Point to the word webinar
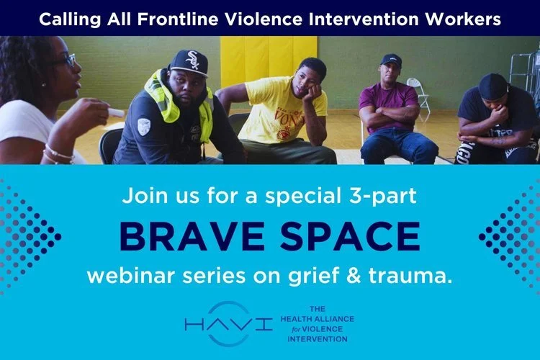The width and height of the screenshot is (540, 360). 128,276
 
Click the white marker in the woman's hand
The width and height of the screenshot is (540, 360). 114,112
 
